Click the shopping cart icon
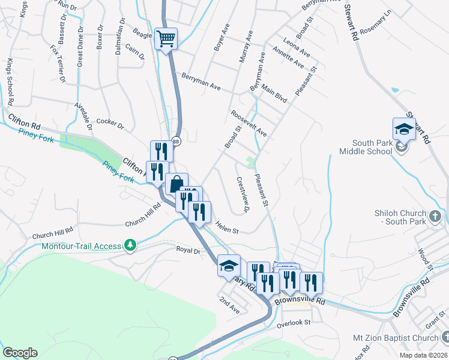(x=166, y=40)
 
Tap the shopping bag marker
(x=176, y=184)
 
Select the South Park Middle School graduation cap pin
(x=404, y=129)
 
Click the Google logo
(x=19, y=353)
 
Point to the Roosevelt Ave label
(x=249, y=122)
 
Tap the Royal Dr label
(x=187, y=250)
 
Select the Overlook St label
(x=293, y=322)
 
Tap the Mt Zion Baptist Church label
(x=402, y=338)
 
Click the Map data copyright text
(x=423, y=355)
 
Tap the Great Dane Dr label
(x=79, y=46)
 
